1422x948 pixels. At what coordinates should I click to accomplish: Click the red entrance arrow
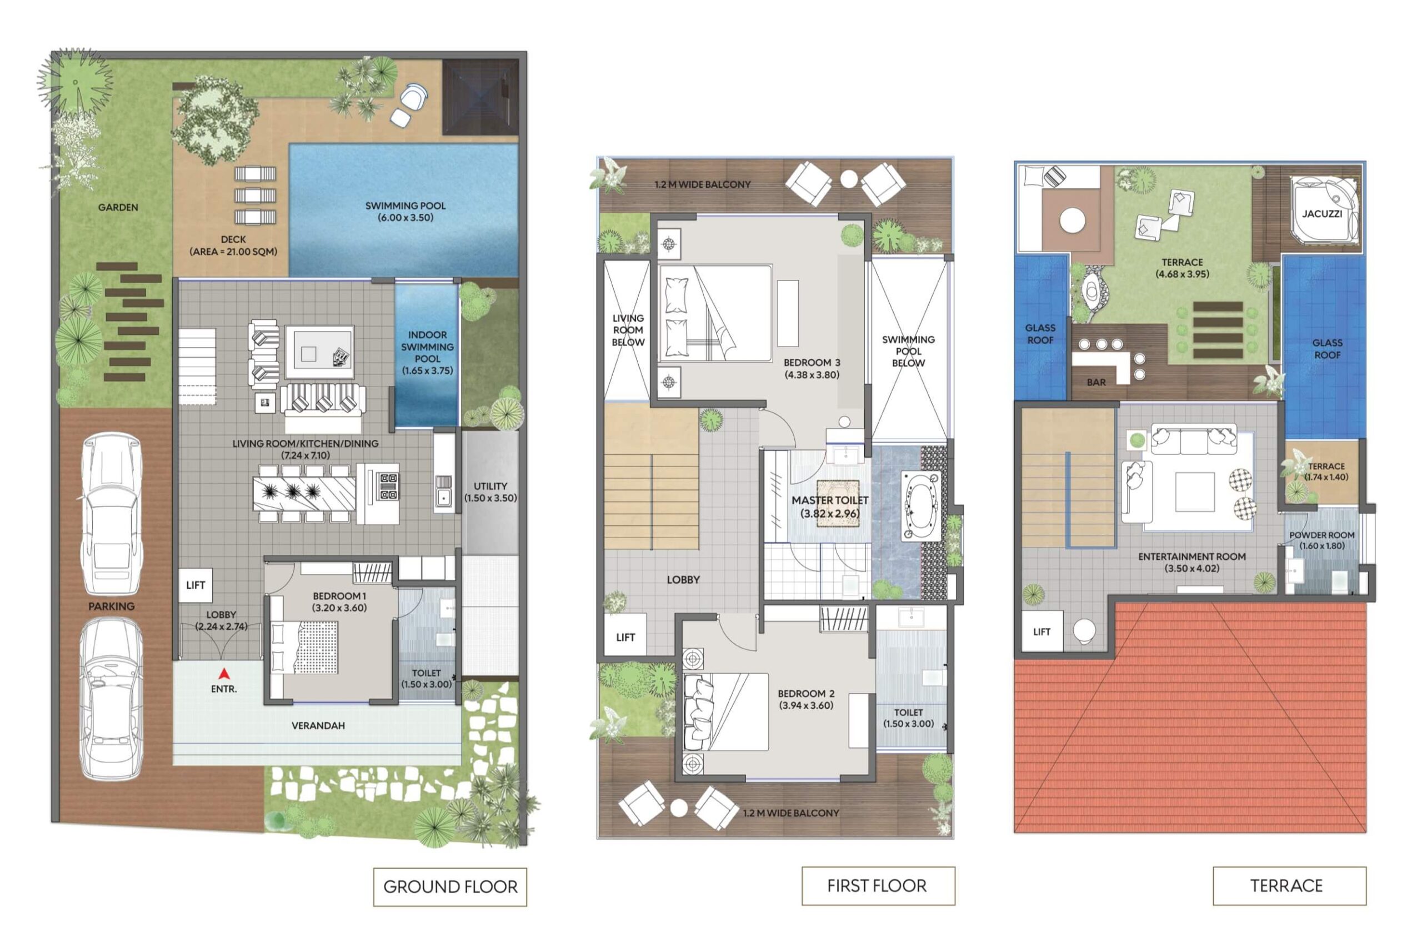224,674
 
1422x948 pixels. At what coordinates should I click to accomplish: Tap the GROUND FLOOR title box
450,887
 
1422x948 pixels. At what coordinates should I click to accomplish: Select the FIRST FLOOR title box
878,886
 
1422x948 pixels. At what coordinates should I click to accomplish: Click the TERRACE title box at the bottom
1289,886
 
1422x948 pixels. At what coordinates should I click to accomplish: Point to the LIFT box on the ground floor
196,585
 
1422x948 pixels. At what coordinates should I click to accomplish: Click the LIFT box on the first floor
625,636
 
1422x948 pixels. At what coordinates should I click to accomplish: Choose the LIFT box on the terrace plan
1042,631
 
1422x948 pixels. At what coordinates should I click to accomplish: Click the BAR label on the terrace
1095,382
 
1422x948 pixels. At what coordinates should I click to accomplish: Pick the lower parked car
112,698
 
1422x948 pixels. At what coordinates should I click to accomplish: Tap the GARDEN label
118,207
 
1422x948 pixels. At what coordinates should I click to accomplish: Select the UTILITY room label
490,486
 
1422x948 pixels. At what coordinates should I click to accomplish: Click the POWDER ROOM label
1321,535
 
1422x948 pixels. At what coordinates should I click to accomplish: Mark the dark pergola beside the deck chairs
480,97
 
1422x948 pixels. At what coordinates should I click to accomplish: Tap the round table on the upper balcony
849,178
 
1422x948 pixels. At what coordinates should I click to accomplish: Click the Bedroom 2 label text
806,694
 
